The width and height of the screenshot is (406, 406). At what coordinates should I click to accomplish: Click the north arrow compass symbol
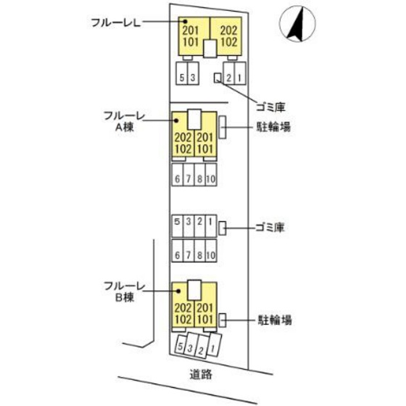point(294,23)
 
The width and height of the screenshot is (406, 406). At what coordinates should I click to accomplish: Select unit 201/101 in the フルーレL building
point(191,36)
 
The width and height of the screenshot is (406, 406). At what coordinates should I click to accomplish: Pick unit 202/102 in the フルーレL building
point(228,36)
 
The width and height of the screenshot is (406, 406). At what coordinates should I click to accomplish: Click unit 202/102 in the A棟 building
point(182,144)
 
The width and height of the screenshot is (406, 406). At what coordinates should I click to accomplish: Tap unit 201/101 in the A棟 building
point(205,144)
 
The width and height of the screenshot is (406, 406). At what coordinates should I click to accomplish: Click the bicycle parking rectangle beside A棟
point(223,128)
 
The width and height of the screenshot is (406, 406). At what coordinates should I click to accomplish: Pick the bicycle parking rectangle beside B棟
point(223,319)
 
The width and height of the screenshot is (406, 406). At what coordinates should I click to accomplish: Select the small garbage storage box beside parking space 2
point(217,79)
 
